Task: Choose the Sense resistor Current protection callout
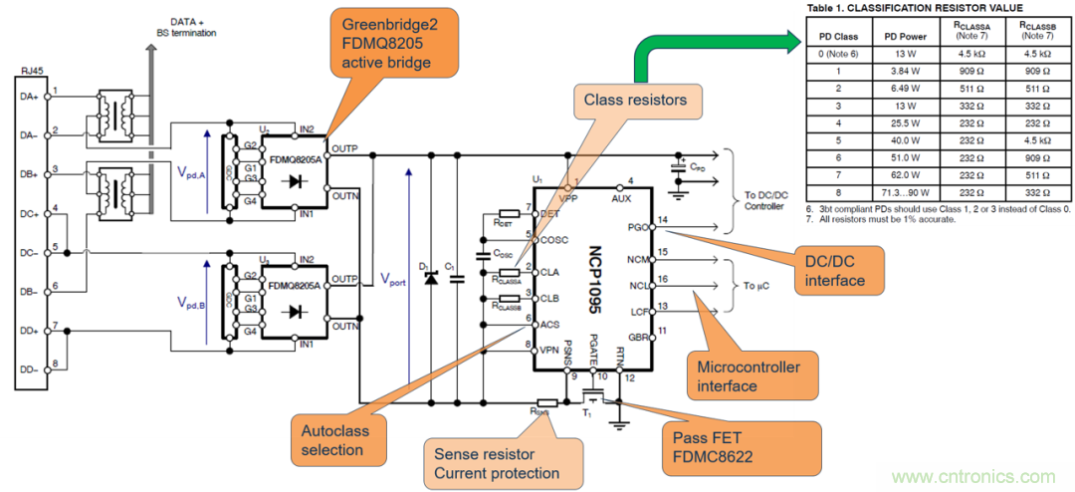click(x=497, y=462)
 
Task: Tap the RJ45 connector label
click(x=31, y=73)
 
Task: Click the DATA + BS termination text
click(x=185, y=27)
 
